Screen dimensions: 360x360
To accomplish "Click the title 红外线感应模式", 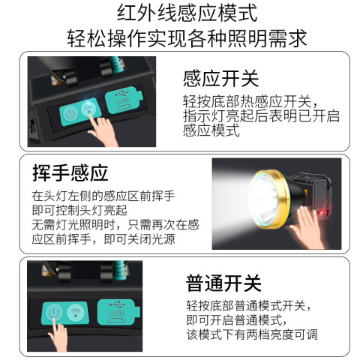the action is pyautogui.click(x=187, y=13).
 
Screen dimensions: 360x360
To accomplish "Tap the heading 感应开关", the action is pyautogui.click(x=221, y=79).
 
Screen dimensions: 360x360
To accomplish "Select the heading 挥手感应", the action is pyautogui.click(x=70, y=172).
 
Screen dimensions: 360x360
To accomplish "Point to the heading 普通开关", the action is pyautogui.click(x=223, y=283).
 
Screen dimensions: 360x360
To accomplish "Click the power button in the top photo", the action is pyautogui.click(x=70, y=114).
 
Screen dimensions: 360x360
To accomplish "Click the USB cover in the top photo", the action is pyautogui.click(x=124, y=100).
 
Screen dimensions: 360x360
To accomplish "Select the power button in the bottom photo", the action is pyautogui.click(x=53, y=313).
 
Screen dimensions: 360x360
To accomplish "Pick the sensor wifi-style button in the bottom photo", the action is pyautogui.click(x=75, y=311).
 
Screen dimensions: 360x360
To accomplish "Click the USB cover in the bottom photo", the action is pyautogui.click(x=118, y=313).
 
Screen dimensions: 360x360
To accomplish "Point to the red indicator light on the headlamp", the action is pyautogui.click(x=321, y=212).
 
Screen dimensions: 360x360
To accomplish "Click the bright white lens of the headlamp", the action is pyautogui.click(x=264, y=199).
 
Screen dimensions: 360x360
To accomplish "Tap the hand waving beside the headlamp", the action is pyautogui.click(x=308, y=227).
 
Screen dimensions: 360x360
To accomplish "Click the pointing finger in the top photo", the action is pyautogui.click(x=103, y=129).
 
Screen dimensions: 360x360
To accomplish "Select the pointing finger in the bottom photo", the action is pyautogui.click(x=58, y=336).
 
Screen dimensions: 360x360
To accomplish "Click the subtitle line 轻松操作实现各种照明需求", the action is pyautogui.click(x=187, y=38).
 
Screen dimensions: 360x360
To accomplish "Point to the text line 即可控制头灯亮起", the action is pyautogui.click(x=79, y=210).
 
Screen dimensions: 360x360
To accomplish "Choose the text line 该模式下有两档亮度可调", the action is pyautogui.click(x=252, y=334).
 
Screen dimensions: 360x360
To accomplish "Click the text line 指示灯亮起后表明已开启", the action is pyautogui.click(x=261, y=115).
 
